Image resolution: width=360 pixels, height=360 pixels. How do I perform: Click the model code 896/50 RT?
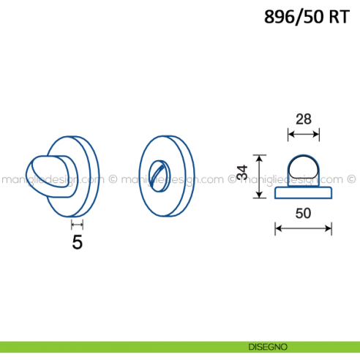307,17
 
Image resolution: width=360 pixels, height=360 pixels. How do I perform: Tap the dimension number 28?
304,119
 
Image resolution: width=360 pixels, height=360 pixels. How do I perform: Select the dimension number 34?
243,173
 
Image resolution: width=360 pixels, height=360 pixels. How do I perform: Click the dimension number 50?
303,213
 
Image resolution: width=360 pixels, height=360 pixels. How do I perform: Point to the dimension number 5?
78,242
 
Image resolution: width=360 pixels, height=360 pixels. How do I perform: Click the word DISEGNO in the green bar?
268,347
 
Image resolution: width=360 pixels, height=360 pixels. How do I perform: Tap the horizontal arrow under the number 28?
304,134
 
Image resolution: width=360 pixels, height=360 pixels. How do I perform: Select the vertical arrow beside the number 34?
260,176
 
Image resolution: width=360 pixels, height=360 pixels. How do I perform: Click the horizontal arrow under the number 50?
303,228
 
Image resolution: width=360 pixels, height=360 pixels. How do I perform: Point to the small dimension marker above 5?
77,225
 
